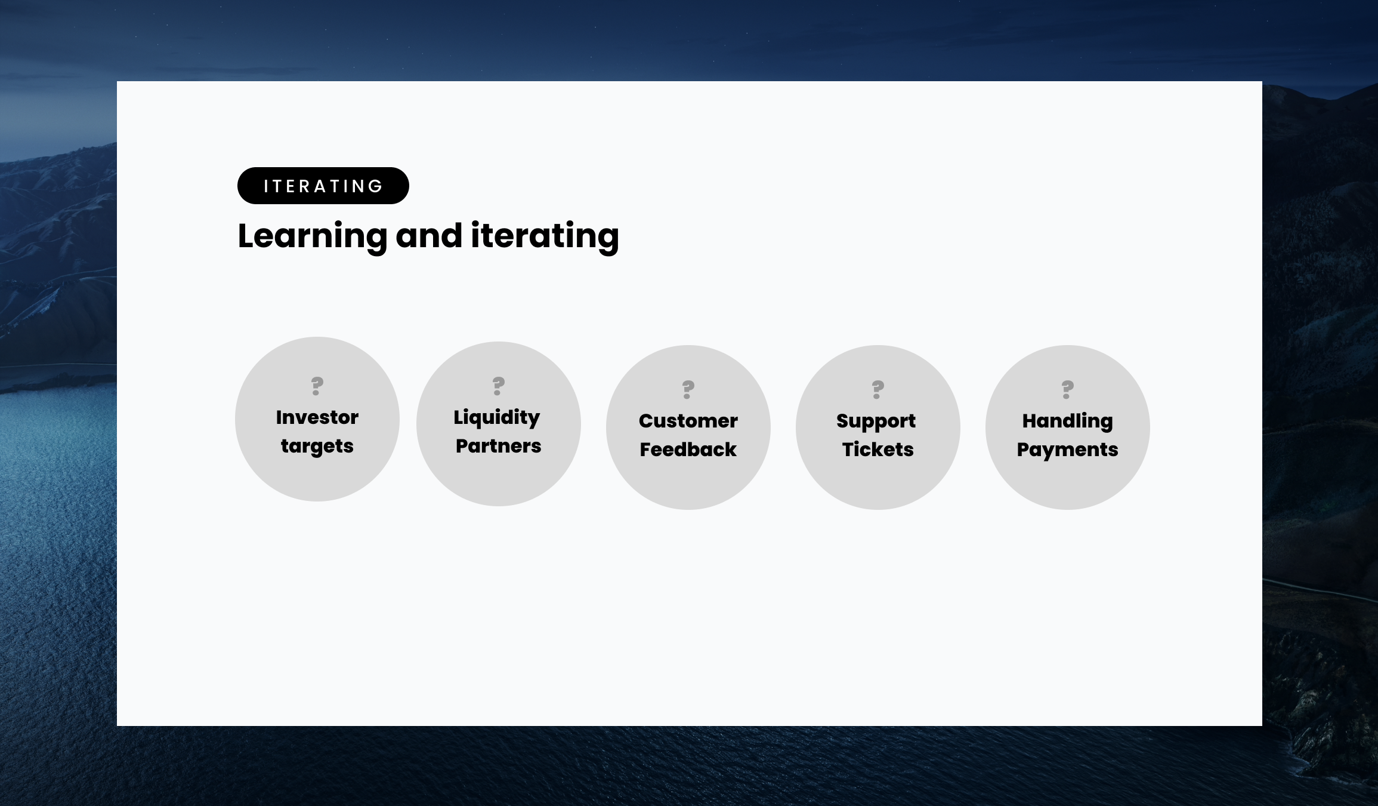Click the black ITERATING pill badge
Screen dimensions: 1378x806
(323, 186)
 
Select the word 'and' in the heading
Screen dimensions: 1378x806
(429, 235)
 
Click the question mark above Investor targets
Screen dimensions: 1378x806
(317, 386)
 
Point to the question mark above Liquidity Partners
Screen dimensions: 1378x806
(499, 386)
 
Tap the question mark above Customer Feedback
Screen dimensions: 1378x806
(688, 389)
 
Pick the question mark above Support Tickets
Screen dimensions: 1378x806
(878, 389)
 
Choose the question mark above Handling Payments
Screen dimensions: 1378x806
(1068, 389)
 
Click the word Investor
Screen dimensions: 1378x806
(317, 417)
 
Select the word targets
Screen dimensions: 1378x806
(317, 447)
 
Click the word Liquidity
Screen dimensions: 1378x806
(497, 418)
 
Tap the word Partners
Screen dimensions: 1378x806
(499, 446)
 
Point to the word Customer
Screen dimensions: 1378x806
(688, 421)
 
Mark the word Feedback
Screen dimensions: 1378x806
(688, 450)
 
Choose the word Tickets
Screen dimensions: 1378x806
(878, 450)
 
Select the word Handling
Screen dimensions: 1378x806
(1068, 422)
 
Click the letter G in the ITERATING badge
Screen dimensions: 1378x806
(376, 186)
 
